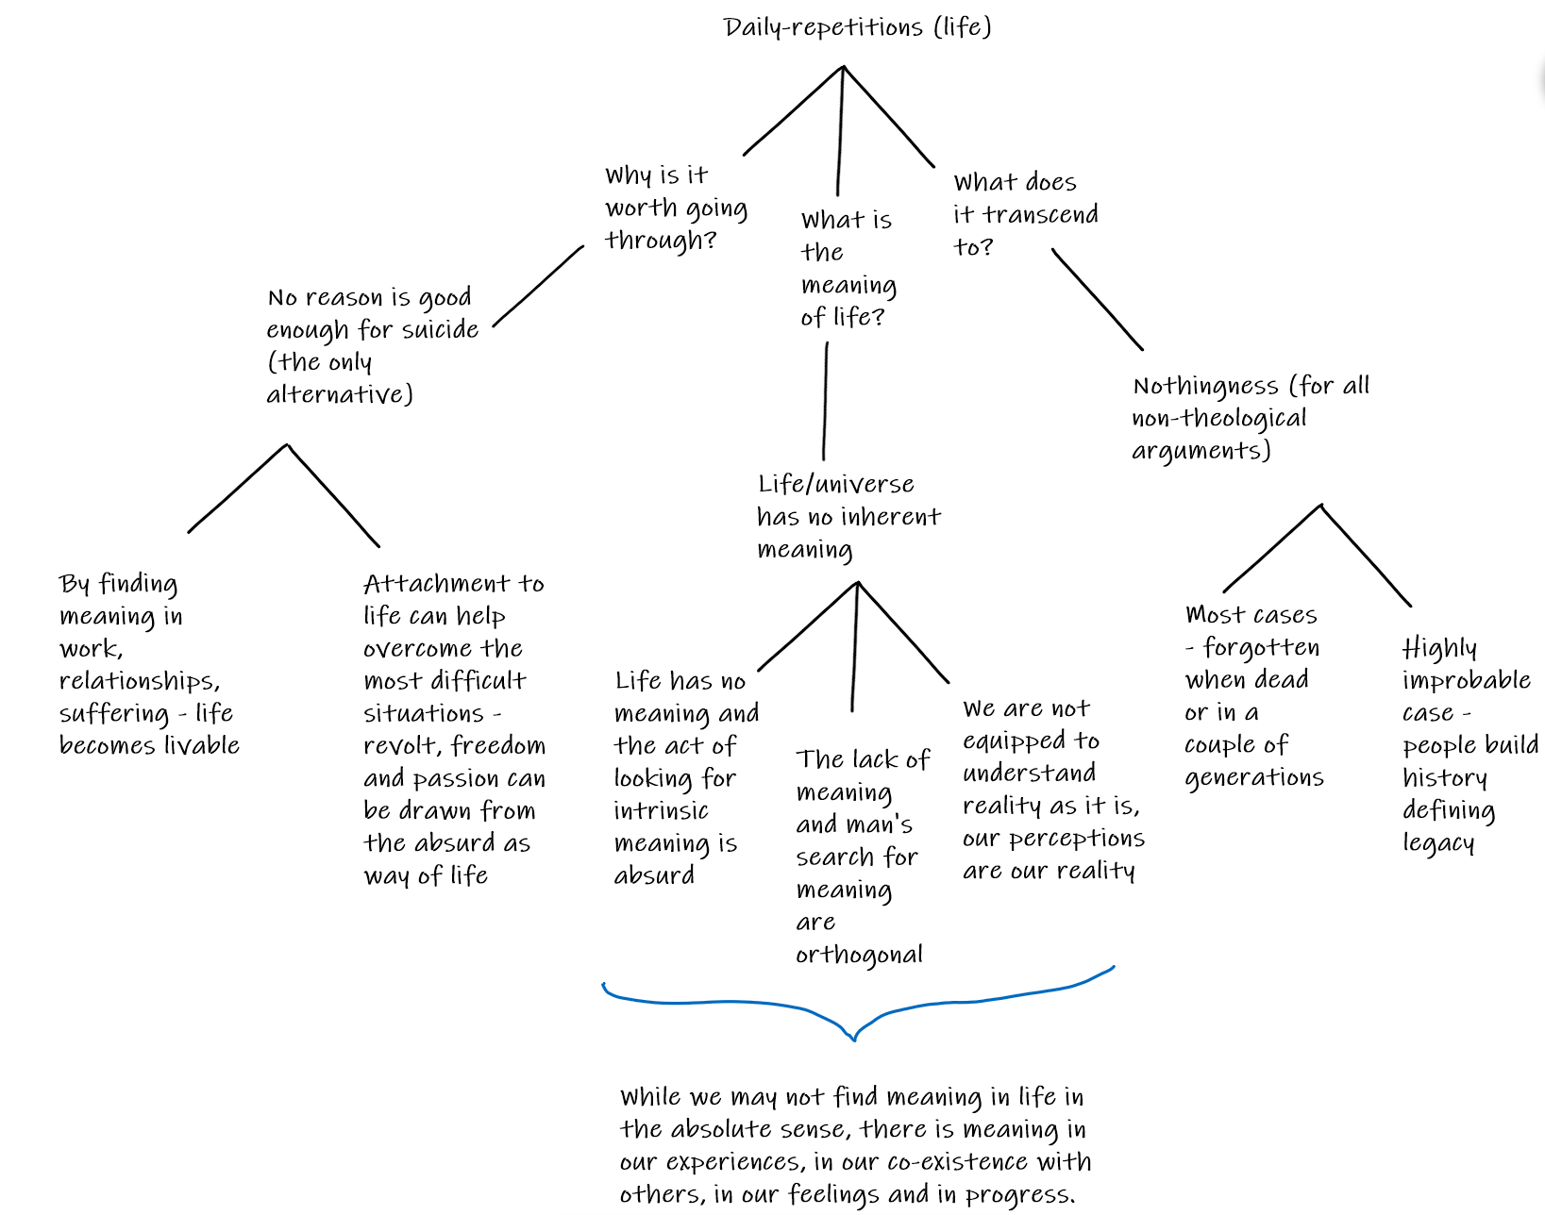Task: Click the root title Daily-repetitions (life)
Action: pos(857,28)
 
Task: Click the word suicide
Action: pos(440,329)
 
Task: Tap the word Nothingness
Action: pos(1205,387)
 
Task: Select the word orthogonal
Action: pos(859,956)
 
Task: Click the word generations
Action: pos(1254,778)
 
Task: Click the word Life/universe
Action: pos(836,485)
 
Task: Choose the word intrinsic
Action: pos(661,811)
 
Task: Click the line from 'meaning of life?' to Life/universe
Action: pos(825,401)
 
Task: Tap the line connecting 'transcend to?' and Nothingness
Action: pos(1097,299)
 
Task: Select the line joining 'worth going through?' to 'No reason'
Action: pos(538,287)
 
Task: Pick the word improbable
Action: pos(1466,679)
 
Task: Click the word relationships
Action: pos(140,681)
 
